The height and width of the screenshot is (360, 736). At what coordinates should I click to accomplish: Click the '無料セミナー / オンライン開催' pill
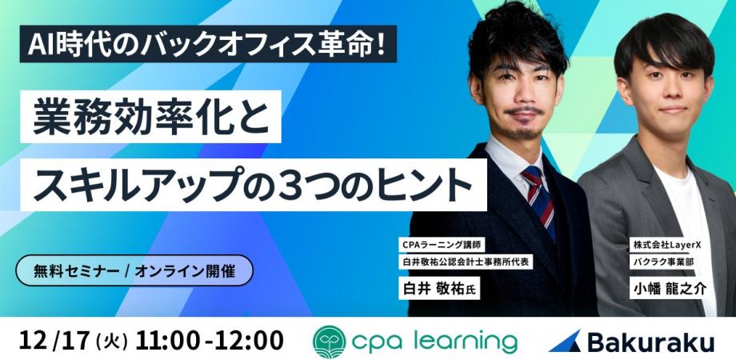pyautogui.click(x=134, y=270)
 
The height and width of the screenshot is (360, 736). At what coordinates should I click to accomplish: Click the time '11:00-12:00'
pyautogui.click(x=210, y=339)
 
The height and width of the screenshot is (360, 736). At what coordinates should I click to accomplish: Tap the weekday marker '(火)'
pyautogui.click(x=111, y=340)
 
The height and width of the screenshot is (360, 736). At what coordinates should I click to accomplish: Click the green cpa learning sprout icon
pyautogui.click(x=330, y=339)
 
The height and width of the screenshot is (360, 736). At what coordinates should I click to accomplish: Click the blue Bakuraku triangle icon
pyautogui.click(x=564, y=340)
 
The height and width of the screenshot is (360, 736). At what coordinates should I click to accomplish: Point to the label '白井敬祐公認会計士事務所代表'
pyautogui.click(x=466, y=261)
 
